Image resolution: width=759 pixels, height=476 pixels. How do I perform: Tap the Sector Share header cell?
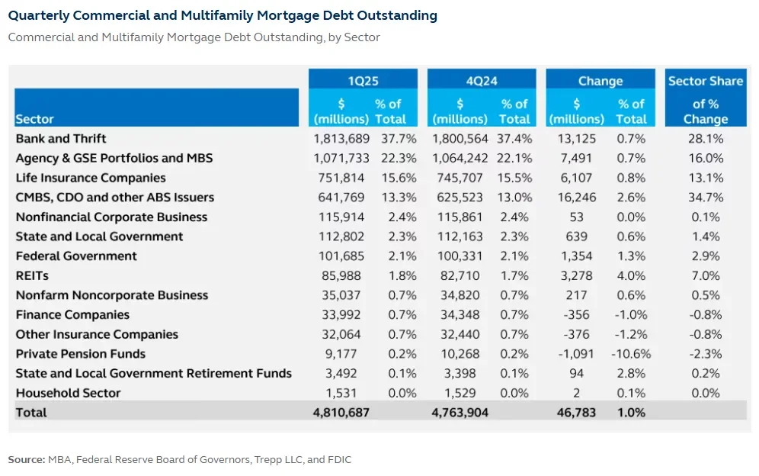pyautogui.click(x=705, y=81)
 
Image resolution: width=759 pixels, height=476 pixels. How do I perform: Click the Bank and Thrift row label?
pyautogui.click(x=61, y=139)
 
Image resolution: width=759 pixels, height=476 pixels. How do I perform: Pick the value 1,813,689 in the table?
pyautogui.click(x=341, y=139)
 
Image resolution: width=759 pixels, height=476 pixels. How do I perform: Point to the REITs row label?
pyautogui.click(x=32, y=275)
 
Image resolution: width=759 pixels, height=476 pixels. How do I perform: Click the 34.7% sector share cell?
pyautogui.click(x=705, y=198)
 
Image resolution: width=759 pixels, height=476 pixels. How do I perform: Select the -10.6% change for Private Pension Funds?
pyautogui.click(x=630, y=354)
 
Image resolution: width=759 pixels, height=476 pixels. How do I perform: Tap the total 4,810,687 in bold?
pyautogui.click(x=341, y=413)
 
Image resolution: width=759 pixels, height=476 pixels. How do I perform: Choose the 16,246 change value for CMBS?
pyautogui.click(x=577, y=198)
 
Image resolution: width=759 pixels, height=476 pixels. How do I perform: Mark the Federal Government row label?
pyautogui.click(x=76, y=256)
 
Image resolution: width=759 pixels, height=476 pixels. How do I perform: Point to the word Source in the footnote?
pyautogui.click(x=26, y=459)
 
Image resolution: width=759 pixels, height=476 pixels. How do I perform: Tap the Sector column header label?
pyautogui.click(x=34, y=119)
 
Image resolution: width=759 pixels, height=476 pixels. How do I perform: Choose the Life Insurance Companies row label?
pyautogui.click(x=90, y=178)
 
